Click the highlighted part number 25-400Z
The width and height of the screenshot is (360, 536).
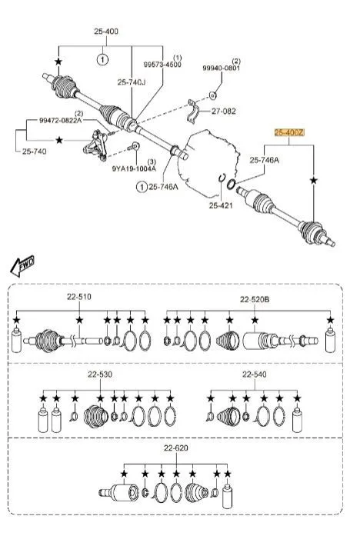[289, 132]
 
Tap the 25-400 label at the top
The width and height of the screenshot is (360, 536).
[106, 32]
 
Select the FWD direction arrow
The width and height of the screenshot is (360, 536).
[22, 265]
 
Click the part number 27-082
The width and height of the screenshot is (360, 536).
[224, 111]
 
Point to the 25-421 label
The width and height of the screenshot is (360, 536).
[221, 205]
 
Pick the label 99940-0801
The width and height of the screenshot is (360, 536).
[222, 68]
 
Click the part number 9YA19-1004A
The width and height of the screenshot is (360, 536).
[134, 168]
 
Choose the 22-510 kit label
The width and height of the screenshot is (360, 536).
[79, 297]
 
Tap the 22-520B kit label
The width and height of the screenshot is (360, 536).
[255, 299]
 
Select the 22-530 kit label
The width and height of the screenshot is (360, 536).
[100, 375]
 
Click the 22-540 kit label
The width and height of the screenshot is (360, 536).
[255, 375]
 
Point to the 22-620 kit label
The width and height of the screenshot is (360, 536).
[175, 448]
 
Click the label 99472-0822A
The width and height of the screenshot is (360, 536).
[61, 120]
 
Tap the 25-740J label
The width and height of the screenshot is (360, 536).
[132, 82]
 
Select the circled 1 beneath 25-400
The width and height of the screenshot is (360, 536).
[102, 60]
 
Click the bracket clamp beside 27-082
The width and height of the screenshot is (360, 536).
[194, 112]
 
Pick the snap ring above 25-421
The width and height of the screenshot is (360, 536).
[222, 178]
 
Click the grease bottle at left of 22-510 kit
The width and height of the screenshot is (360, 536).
[16, 340]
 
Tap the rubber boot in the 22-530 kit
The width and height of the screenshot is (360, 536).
[96, 416]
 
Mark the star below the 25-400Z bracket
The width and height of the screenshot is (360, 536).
[314, 181]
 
